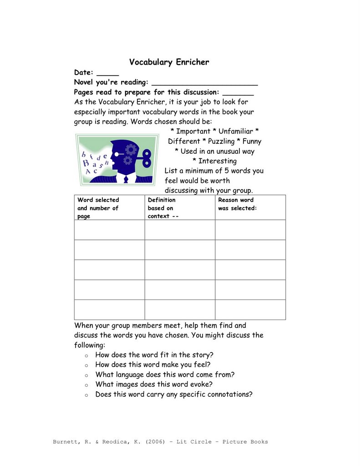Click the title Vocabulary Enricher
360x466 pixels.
point(169,62)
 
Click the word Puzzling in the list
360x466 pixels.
point(221,141)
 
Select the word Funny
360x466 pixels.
point(252,141)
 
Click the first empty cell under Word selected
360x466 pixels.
point(109,230)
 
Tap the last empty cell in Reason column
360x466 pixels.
point(250,309)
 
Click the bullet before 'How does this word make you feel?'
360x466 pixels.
point(86,365)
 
